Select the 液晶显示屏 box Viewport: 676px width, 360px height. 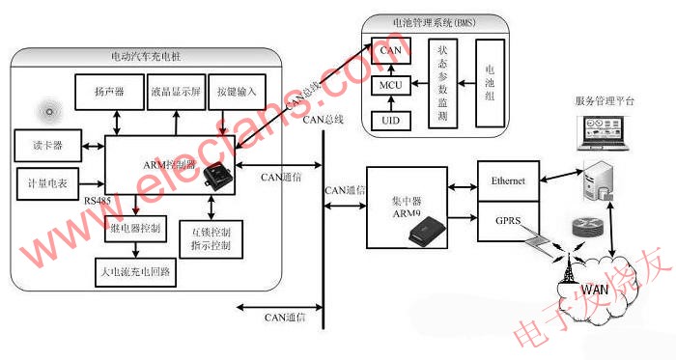point(176,93)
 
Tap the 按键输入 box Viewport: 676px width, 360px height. point(236,93)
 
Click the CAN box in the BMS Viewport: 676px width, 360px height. point(389,50)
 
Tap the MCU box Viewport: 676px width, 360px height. point(389,86)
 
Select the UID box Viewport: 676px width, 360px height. point(389,123)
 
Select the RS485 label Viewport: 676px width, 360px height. point(97,200)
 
